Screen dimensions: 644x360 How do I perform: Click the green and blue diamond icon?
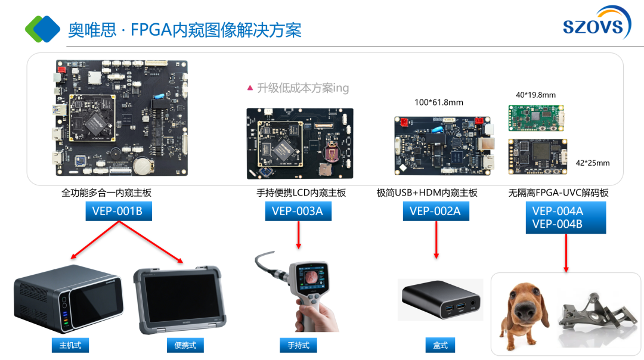pyautogui.click(x=42, y=29)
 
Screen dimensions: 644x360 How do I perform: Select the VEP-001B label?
pyautogui.click(x=119, y=211)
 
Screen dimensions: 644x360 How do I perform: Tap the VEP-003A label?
pyautogui.click(x=298, y=211)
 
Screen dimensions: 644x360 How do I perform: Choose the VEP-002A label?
pyautogui.click(x=436, y=211)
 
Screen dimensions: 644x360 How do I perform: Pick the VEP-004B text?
pyautogui.click(x=558, y=225)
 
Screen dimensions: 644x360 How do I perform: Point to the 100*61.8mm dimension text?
pyautogui.click(x=439, y=102)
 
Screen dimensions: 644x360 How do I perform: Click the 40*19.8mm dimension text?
pyautogui.click(x=535, y=95)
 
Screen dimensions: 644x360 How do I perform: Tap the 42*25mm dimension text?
pyautogui.click(x=593, y=163)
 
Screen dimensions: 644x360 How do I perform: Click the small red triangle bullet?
pyautogui.click(x=250, y=88)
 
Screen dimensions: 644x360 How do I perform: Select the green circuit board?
pyautogui.click(x=536, y=118)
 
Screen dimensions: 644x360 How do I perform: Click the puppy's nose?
pyautogui.click(x=522, y=311)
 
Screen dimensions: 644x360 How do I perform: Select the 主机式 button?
pyautogui.click(x=70, y=345)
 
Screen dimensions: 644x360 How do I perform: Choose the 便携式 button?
pyautogui.click(x=185, y=345)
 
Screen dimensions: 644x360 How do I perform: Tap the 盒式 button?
pyautogui.click(x=440, y=345)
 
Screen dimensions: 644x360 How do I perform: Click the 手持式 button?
pyautogui.click(x=298, y=345)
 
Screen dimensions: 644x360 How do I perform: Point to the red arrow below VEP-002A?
pyautogui.click(x=436, y=240)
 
